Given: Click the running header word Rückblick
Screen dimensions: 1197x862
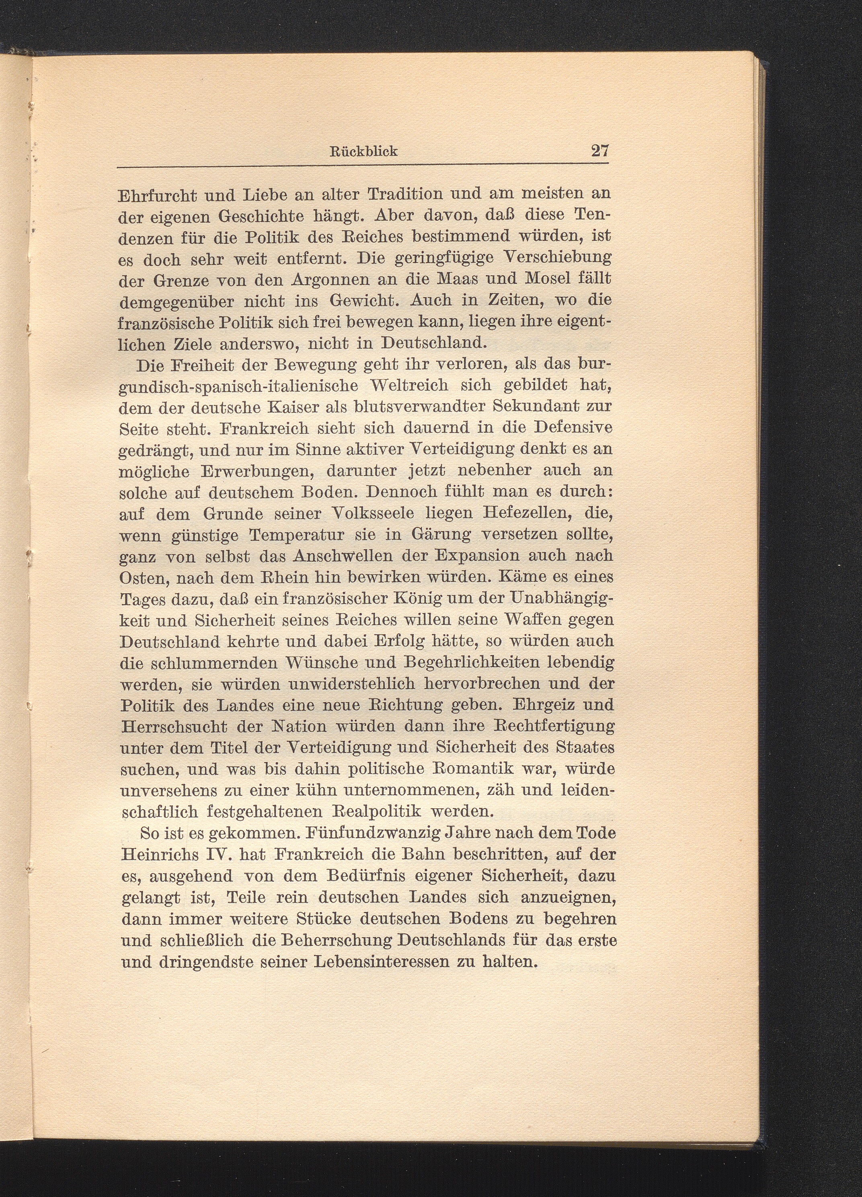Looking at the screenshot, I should (x=363, y=151).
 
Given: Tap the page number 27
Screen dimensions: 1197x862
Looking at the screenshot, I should (x=600, y=150).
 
